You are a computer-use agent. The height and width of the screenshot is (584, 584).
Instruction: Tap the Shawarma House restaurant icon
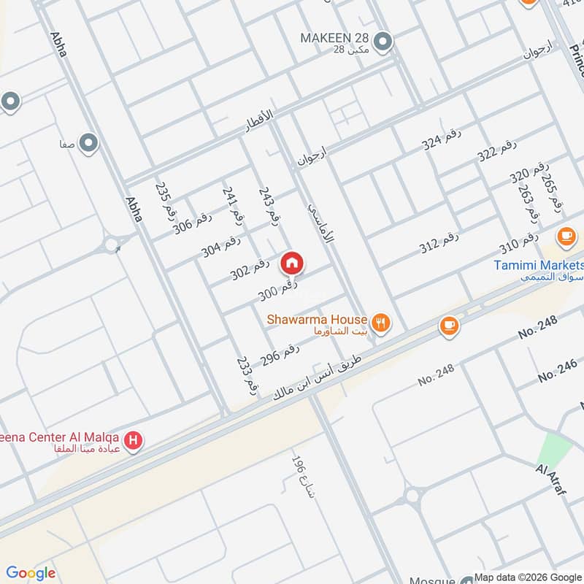[380, 321]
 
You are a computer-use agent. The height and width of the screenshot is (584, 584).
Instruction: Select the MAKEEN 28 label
[334, 37]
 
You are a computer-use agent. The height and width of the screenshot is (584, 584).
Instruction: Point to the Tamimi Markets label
[539, 265]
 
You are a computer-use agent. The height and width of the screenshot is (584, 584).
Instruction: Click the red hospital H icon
[134, 440]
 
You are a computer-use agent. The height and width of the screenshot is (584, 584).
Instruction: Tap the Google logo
[31, 573]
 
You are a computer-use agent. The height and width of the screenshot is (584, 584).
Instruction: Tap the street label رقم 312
[439, 244]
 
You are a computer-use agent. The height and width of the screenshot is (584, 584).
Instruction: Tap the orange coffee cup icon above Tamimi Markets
[565, 236]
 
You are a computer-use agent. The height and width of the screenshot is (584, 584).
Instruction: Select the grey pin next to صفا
[88, 143]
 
